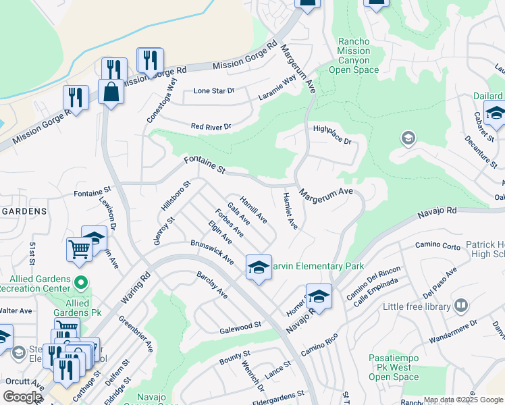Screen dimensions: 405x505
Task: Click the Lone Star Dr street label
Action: (x=213, y=90)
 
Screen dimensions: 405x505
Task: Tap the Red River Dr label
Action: (x=211, y=126)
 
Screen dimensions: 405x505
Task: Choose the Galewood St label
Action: (x=240, y=328)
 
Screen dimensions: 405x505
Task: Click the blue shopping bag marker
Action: (x=111, y=92)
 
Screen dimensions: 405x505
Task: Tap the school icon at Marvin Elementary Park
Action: (x=258, y=268)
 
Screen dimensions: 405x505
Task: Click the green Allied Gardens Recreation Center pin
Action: (x=80, y=281)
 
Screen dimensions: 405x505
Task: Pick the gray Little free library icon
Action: (x=461, y=306)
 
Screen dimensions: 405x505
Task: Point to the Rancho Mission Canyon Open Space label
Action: (x=354, y=55)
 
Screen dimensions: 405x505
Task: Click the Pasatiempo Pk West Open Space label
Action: (x=395, y=367)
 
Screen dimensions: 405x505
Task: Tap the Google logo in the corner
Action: (x=22, y=396)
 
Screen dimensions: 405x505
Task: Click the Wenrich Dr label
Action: (x=251, y=376)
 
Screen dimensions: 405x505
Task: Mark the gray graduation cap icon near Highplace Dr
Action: (x=407, y=139)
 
